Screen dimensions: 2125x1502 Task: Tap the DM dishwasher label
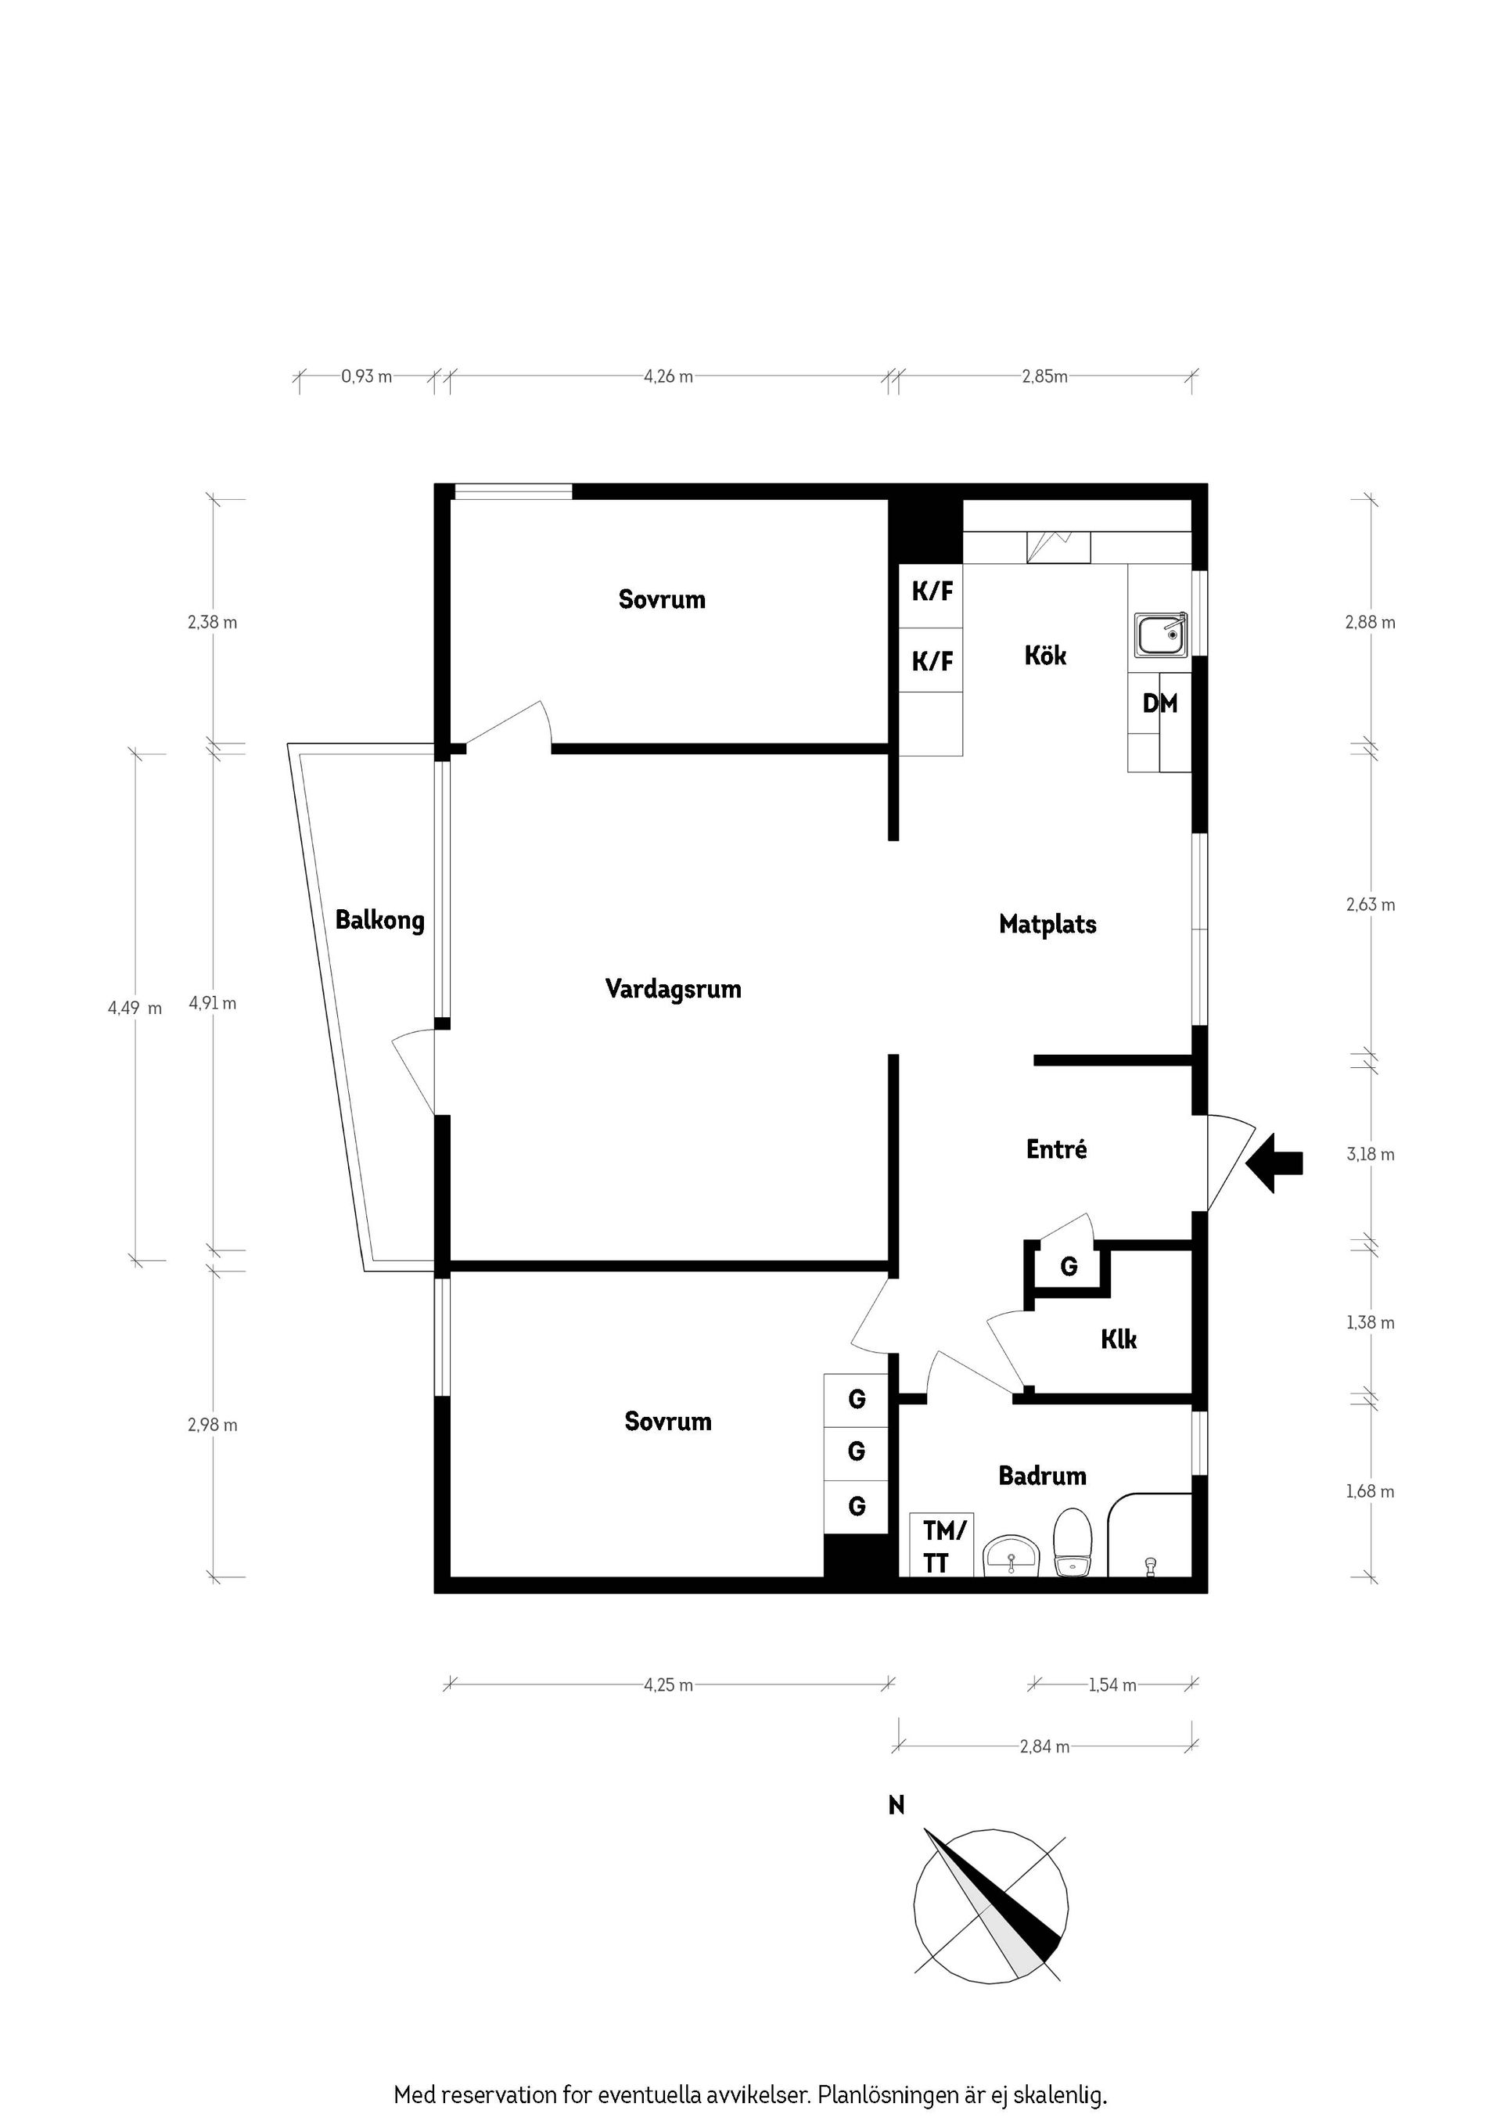(1159, 703)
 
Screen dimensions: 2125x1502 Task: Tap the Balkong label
(379, 920)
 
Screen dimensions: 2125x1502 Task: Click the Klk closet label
(1118, 1339)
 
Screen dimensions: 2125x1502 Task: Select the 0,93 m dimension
(366, 376)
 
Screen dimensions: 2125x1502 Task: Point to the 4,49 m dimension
(135, 1008)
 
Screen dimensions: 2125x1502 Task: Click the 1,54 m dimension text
(1112, 1685)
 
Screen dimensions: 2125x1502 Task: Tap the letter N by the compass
(896, 1805)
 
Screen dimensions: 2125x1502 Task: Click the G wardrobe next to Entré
(1068, 1266)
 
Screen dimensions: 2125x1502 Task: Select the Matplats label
(1047, 924)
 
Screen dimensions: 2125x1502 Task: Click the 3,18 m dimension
(1370, 1154)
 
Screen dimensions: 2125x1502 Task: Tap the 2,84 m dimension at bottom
(1044, 1746)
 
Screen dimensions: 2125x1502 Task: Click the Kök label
(1045, 656)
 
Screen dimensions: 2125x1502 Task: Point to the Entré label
(1056, 1149)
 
